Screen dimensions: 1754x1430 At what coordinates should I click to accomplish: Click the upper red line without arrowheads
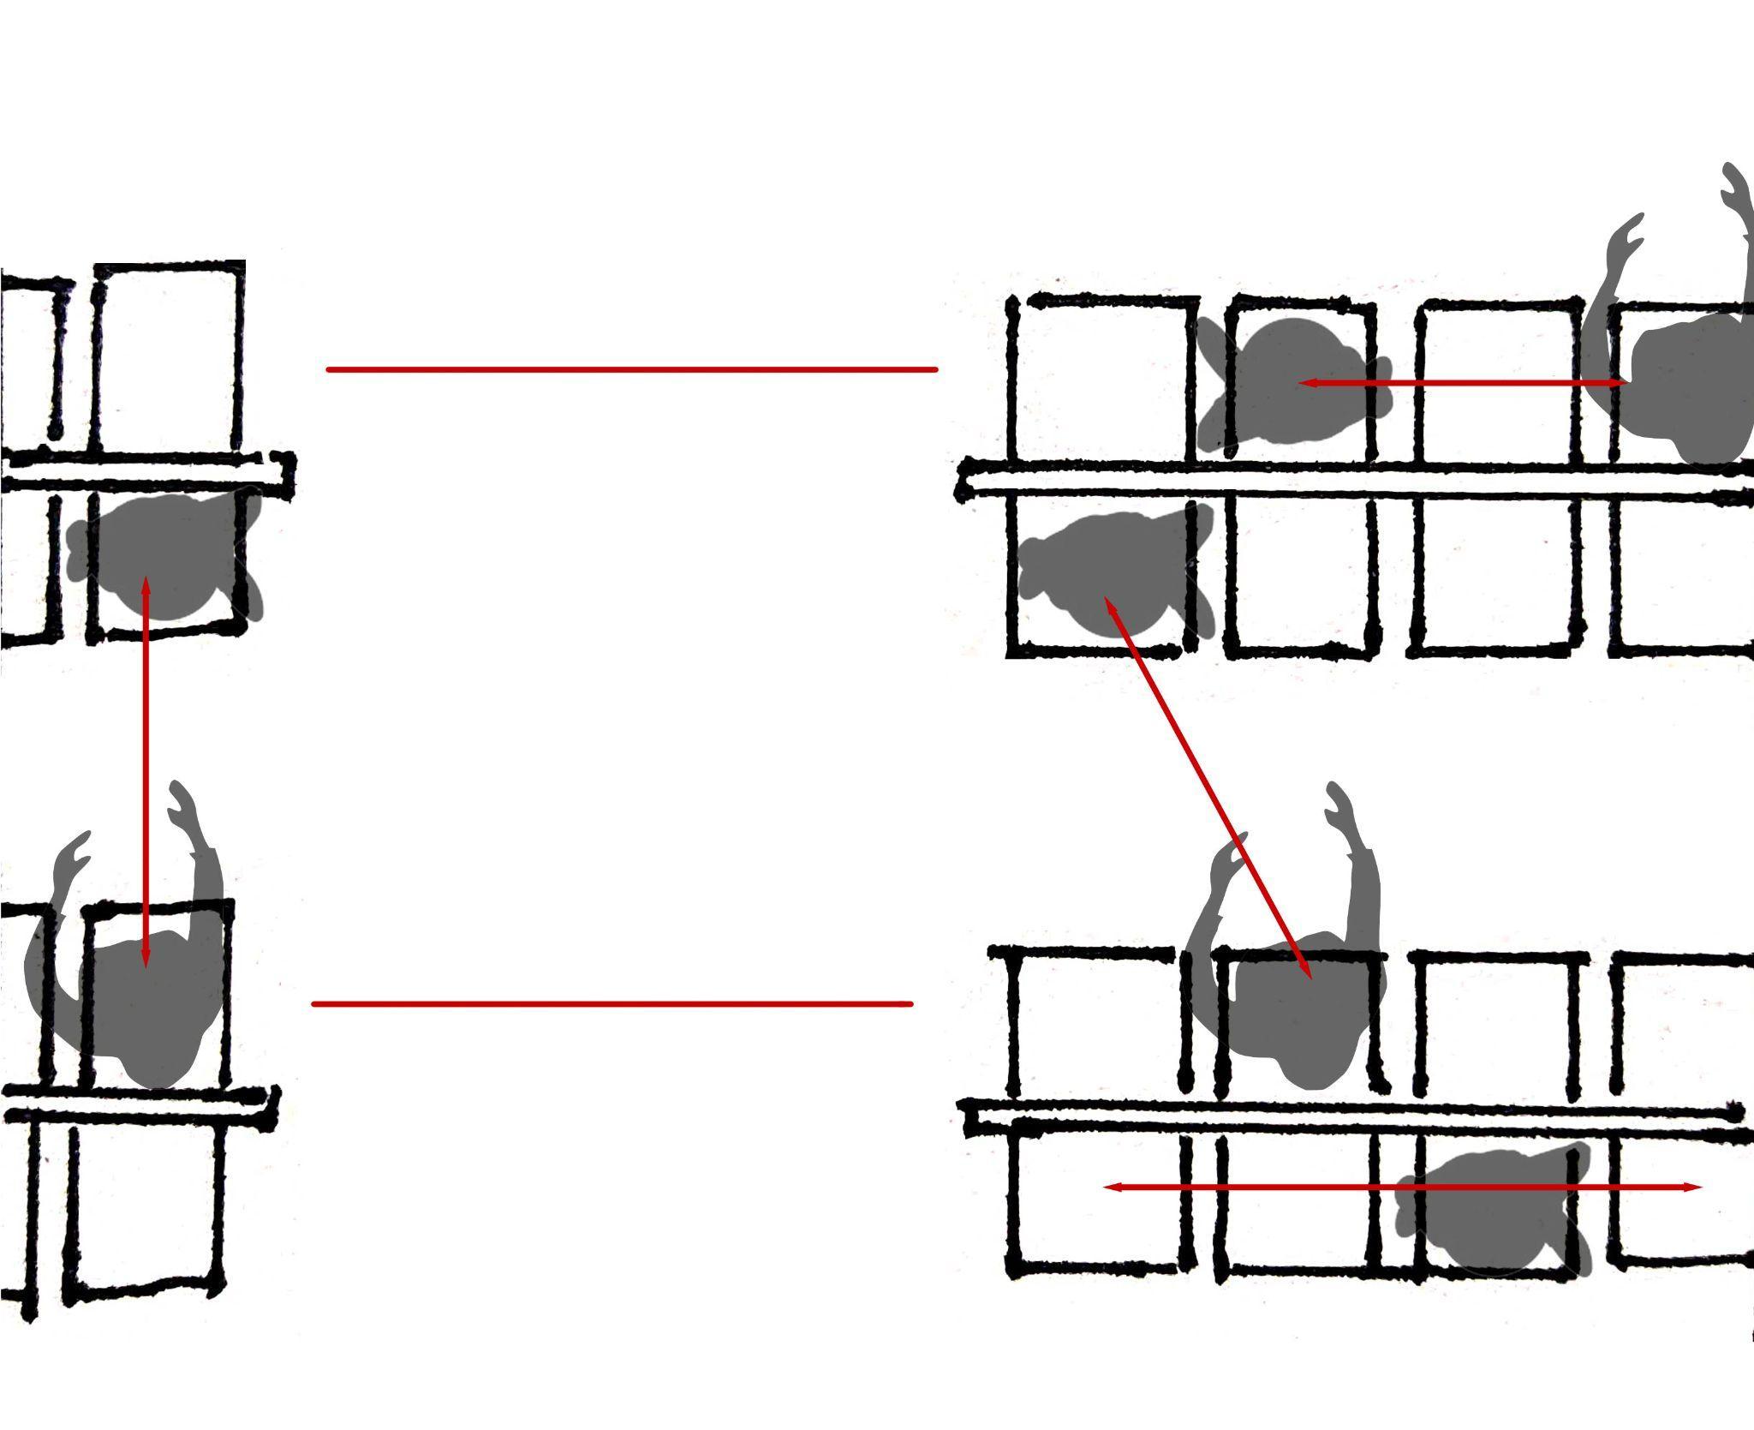pos(632,370)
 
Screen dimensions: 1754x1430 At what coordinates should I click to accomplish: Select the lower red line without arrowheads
pos(612,1003)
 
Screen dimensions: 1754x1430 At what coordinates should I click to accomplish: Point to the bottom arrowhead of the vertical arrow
pos(146,962)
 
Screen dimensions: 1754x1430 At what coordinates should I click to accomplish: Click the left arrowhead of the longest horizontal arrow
pos(1109,1188)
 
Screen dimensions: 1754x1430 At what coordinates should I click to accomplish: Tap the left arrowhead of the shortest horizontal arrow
pos(1305,383)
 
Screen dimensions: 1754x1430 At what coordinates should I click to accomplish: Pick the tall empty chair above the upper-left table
pos(167,360)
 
